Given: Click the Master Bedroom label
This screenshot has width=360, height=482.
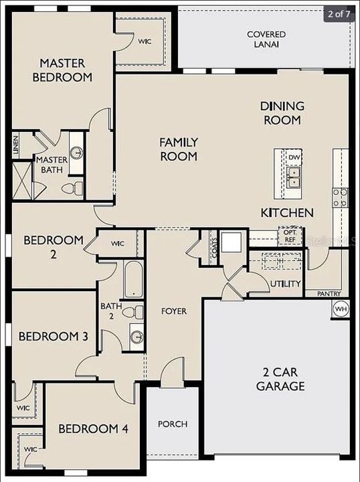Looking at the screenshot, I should [x=66, y=70].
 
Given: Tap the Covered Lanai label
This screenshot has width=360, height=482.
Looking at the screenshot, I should [x=266, y=39].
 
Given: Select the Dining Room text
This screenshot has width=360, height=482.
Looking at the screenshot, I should [x=282, y=113].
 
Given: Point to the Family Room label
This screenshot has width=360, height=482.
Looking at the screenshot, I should [x=178, y=149].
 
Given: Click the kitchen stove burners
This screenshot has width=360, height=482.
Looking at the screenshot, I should [x=340, y=196].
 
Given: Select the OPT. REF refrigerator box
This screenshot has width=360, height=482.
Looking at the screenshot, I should [x=290, y=236].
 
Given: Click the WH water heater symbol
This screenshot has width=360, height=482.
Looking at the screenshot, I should [x=340, y=309].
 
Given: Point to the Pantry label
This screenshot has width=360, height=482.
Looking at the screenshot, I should [x=329, y=293].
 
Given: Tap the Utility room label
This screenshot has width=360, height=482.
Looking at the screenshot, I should [x=286, y=284].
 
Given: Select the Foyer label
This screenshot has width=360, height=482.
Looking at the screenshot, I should [x=174, y=311].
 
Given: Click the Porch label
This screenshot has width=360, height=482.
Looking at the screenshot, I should [x=173, y=424].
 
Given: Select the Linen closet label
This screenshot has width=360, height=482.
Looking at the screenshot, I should [x=15, y=145].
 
